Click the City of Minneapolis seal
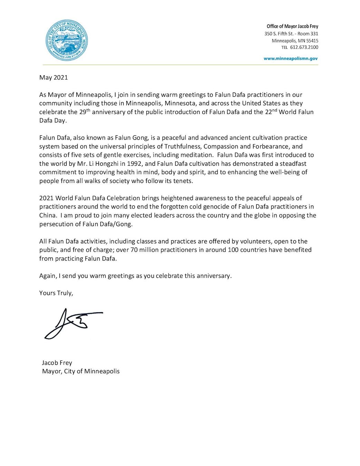coord(66,40)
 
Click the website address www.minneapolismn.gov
coord(291,59)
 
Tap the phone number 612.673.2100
coord(304,47)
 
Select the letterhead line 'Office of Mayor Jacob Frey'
coord(292,26)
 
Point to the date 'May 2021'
coord(53,77)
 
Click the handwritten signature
coord(73,323)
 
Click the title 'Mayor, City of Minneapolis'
coord(81,371)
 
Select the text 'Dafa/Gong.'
coord(116,224)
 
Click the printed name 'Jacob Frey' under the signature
coord(57,363)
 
